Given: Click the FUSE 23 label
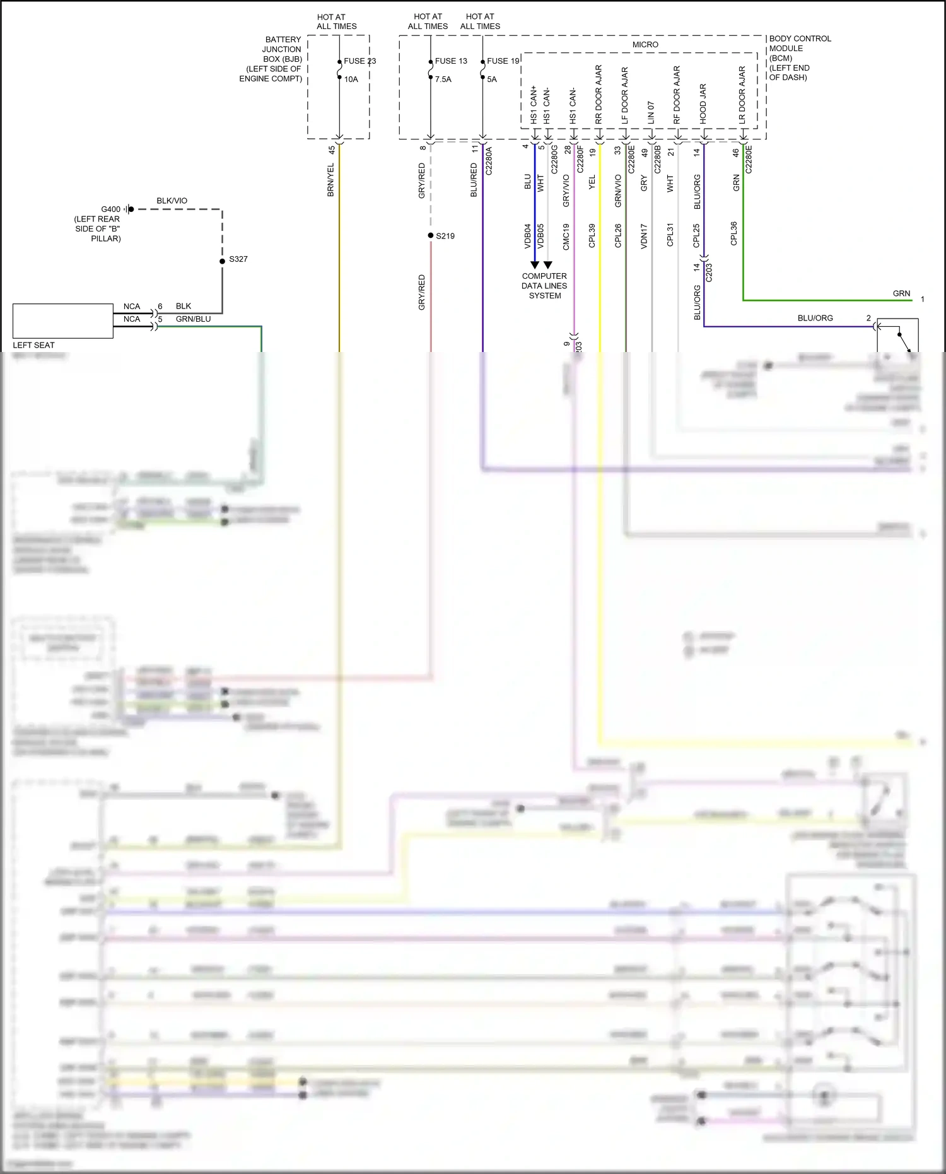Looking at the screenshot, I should click(x=359, y=61).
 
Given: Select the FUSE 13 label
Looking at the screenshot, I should click(x=451, y=61).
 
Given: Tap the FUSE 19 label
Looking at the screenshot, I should click(x=503, y=61).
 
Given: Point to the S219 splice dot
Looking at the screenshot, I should click(x=431, y=235).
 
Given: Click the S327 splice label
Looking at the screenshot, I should click(x=238, y=259).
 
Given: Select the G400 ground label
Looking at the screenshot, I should click(x=110, y=209).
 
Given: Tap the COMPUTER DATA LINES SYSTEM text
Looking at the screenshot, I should click(x=544, y=286).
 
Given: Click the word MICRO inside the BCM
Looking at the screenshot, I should click(x=645, y=45).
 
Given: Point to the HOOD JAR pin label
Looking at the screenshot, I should click(x=703, y=103).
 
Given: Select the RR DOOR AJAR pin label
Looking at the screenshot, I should click(x=599, y=95).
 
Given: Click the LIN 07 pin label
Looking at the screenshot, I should click(x=651, y=112).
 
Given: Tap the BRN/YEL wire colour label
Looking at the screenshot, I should click(x=330, y=180).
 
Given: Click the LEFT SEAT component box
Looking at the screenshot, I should click(x=63, y=321).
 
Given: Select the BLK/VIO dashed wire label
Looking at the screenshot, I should click(x=172, y=201).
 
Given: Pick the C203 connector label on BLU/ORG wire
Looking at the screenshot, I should click(x=709, y=273).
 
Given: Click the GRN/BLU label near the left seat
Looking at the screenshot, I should click(x=193, y=319).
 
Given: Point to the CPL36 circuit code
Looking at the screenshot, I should click(x=733, y=233).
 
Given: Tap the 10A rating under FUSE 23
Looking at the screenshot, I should click(x=351, y=79).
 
